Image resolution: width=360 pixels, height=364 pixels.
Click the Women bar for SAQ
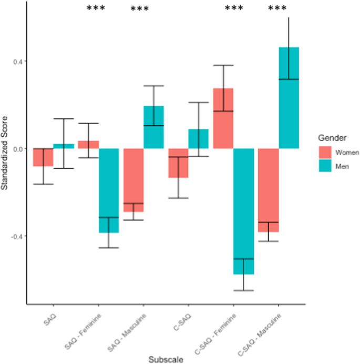(x=43, y=157)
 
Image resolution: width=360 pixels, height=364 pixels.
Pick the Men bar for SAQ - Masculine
(x=153, y=127)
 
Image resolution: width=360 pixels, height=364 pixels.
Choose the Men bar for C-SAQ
(x=199, y=139)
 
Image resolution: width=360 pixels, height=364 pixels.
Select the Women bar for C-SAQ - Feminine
(x=223, y=118)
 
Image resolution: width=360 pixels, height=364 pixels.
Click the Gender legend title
(x=331, y=138)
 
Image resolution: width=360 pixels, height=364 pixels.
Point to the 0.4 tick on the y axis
(x=17, y=61)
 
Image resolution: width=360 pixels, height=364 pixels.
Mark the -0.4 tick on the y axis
(x=16, y=236)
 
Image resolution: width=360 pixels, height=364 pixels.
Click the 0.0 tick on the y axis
(x=17, y=148)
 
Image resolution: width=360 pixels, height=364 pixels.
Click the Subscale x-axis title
(x=166, y=359)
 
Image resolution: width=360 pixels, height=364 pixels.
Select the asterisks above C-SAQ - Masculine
(x=277, y=9)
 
